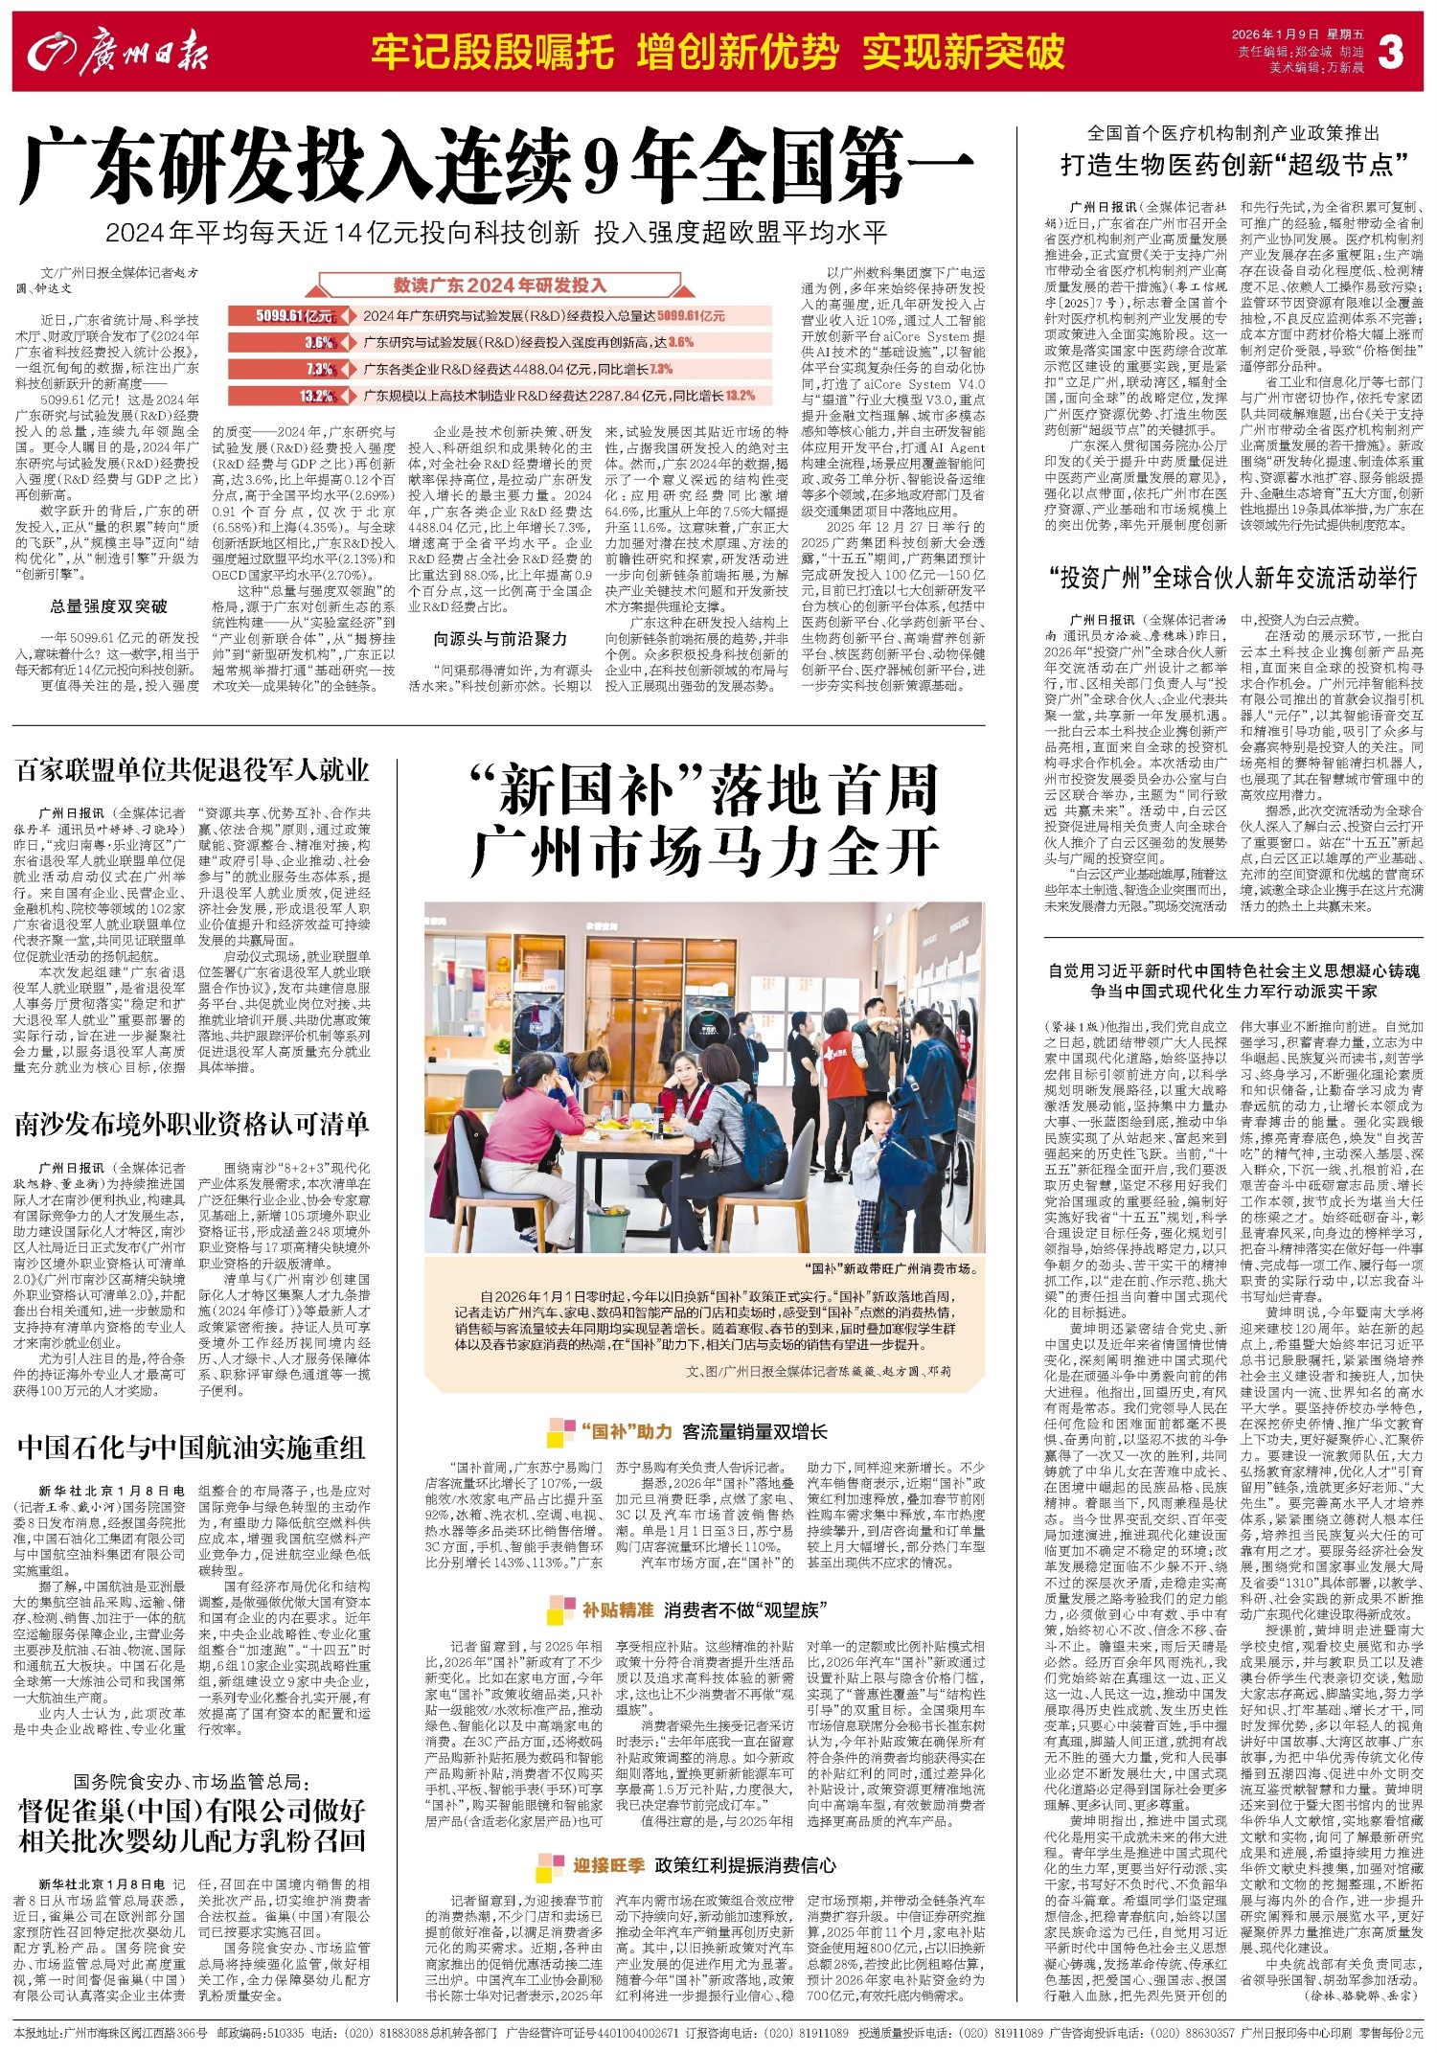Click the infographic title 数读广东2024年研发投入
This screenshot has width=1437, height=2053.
[500, 285]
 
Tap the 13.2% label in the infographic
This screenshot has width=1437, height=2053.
[315, 396]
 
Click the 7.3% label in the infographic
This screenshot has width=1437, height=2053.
[319, 369]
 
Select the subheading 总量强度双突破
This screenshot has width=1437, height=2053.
[108, 605]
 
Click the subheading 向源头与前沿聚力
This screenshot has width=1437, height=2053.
[500, 638]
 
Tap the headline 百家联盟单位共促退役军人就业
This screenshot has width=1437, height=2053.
[192, 769]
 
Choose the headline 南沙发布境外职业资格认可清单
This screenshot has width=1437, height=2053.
[192, 1124]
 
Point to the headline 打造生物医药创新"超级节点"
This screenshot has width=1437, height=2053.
[1234, 165]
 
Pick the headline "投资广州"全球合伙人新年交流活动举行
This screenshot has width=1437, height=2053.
[1234, 579]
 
